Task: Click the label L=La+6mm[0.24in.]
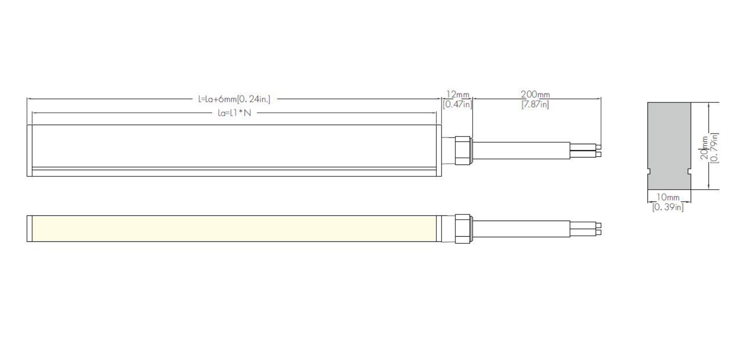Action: click(234, 99)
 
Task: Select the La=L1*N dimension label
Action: click(234, 113)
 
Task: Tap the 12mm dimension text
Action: click(457, 94)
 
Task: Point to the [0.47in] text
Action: click(457, 104)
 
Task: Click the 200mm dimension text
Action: click(535, 94)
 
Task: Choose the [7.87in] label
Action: click(535, 104)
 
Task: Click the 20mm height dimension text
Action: click(704, 148)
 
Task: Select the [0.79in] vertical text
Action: click(714, 148)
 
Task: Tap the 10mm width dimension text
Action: click(668, 197)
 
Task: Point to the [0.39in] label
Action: click(668, 207)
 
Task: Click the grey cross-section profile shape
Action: click(669, 146)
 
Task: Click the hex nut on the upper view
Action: click(463, 150)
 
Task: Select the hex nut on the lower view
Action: click(463, 229)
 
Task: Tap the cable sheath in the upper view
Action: click(521, 150)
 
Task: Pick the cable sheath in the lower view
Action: click(521, 229)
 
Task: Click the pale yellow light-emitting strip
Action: click(234, 229)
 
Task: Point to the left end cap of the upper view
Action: click(30, 150)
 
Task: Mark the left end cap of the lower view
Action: click(30, 229)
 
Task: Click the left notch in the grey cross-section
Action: click(649, 172)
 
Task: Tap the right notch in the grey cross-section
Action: click(689, 172)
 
